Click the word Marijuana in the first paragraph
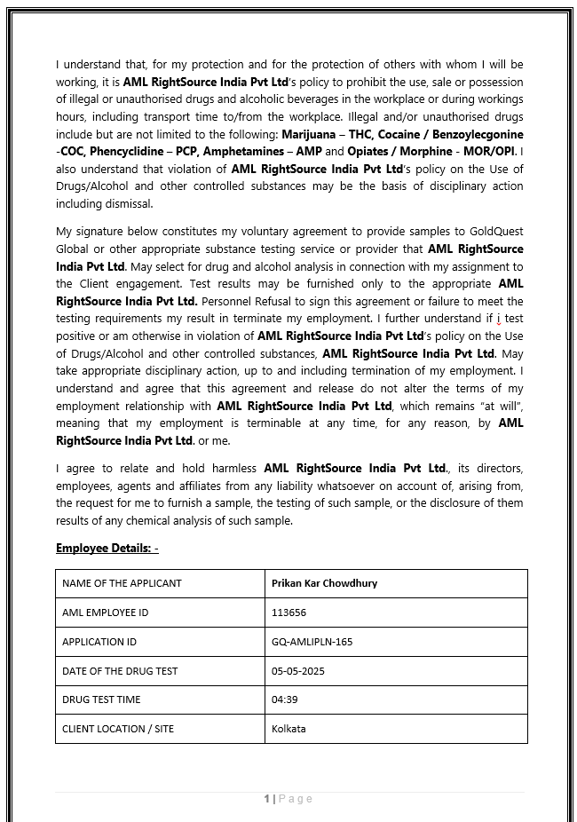click(312, 133)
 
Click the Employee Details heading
click(107, 548)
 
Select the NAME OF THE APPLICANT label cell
click(122, 583)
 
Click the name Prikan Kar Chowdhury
click(325, 583)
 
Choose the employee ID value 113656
click(288, 613)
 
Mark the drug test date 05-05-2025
click(298, 670)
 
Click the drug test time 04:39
click(285, 699)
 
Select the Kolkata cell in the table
click(289, 729)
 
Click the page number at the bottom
click(267, 799)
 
